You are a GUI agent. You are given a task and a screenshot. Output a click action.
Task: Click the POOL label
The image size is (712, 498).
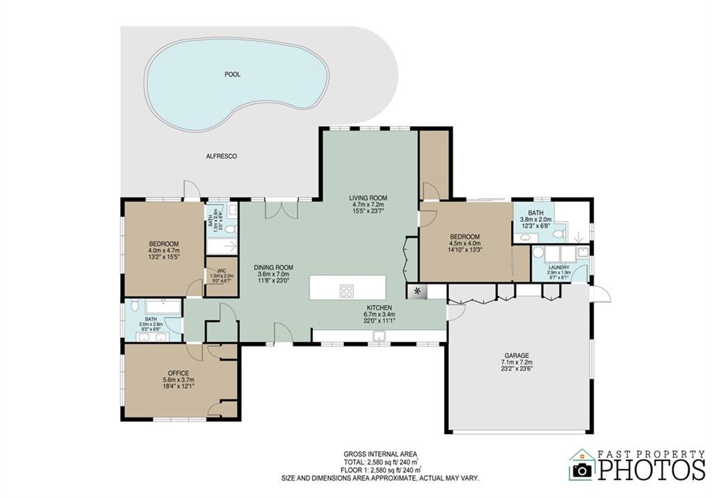pos(232,74)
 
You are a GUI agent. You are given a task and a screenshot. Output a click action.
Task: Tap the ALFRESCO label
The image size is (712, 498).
pos(221,156)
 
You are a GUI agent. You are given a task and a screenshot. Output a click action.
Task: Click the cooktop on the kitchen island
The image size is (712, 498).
pos(346,291)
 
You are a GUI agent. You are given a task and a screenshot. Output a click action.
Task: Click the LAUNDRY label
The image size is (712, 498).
pos(558,267)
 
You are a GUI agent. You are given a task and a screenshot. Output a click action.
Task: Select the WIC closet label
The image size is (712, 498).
pos(222,271)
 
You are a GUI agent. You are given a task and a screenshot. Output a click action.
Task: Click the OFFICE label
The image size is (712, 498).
pos(179,373)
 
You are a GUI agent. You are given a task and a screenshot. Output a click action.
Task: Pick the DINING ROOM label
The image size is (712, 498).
pos(273,267)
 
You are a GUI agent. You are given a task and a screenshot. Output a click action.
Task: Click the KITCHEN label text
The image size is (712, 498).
pos(380,307)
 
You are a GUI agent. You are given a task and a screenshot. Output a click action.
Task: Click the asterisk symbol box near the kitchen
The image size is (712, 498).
pos(417,291)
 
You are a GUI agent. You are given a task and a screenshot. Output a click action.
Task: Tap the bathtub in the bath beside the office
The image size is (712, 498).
pos(161,306)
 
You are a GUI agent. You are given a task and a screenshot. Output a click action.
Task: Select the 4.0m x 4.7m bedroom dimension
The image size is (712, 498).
pos(164,250)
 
